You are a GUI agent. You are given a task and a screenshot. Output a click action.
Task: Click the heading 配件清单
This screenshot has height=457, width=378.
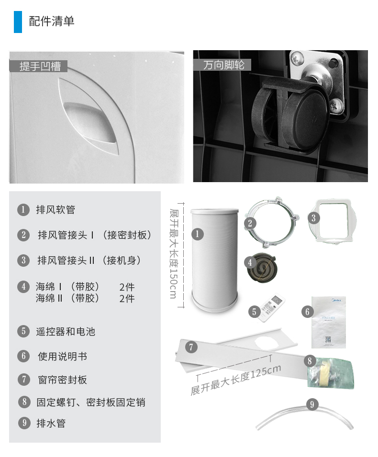tap(52, 22)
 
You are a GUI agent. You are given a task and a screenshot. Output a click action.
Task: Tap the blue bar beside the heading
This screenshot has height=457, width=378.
tap(18, 22)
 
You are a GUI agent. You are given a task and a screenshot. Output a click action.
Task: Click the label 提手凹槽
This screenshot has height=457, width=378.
tap(40, 66)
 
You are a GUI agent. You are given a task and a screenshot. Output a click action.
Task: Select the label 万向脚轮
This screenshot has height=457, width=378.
tap(223, 65)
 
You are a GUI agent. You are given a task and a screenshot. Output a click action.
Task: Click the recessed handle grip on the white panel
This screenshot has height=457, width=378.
tap(90, 122)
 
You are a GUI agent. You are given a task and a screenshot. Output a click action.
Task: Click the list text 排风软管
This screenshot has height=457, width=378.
tap(56, 209)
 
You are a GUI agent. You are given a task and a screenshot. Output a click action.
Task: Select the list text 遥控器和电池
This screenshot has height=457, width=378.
tap(66, 331)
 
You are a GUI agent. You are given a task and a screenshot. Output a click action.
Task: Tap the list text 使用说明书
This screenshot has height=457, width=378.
tap(62, 356)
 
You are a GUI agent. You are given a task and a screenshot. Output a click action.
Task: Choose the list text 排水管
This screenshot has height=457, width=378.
tap(51, 423)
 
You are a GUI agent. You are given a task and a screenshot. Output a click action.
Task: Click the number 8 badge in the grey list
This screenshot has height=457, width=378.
tap(24, 402)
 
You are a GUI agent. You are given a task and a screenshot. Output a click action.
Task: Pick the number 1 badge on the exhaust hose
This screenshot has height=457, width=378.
tap(198, 234)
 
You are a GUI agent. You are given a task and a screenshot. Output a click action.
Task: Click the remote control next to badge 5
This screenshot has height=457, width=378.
tap(271, 307)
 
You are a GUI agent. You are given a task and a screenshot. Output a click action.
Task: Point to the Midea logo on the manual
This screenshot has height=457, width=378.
tap(336, 300)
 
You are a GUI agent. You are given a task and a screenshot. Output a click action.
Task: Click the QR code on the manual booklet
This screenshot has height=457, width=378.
tap(328, 340)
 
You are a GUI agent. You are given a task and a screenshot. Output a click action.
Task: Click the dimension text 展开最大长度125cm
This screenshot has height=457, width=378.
tap(236, 380)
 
